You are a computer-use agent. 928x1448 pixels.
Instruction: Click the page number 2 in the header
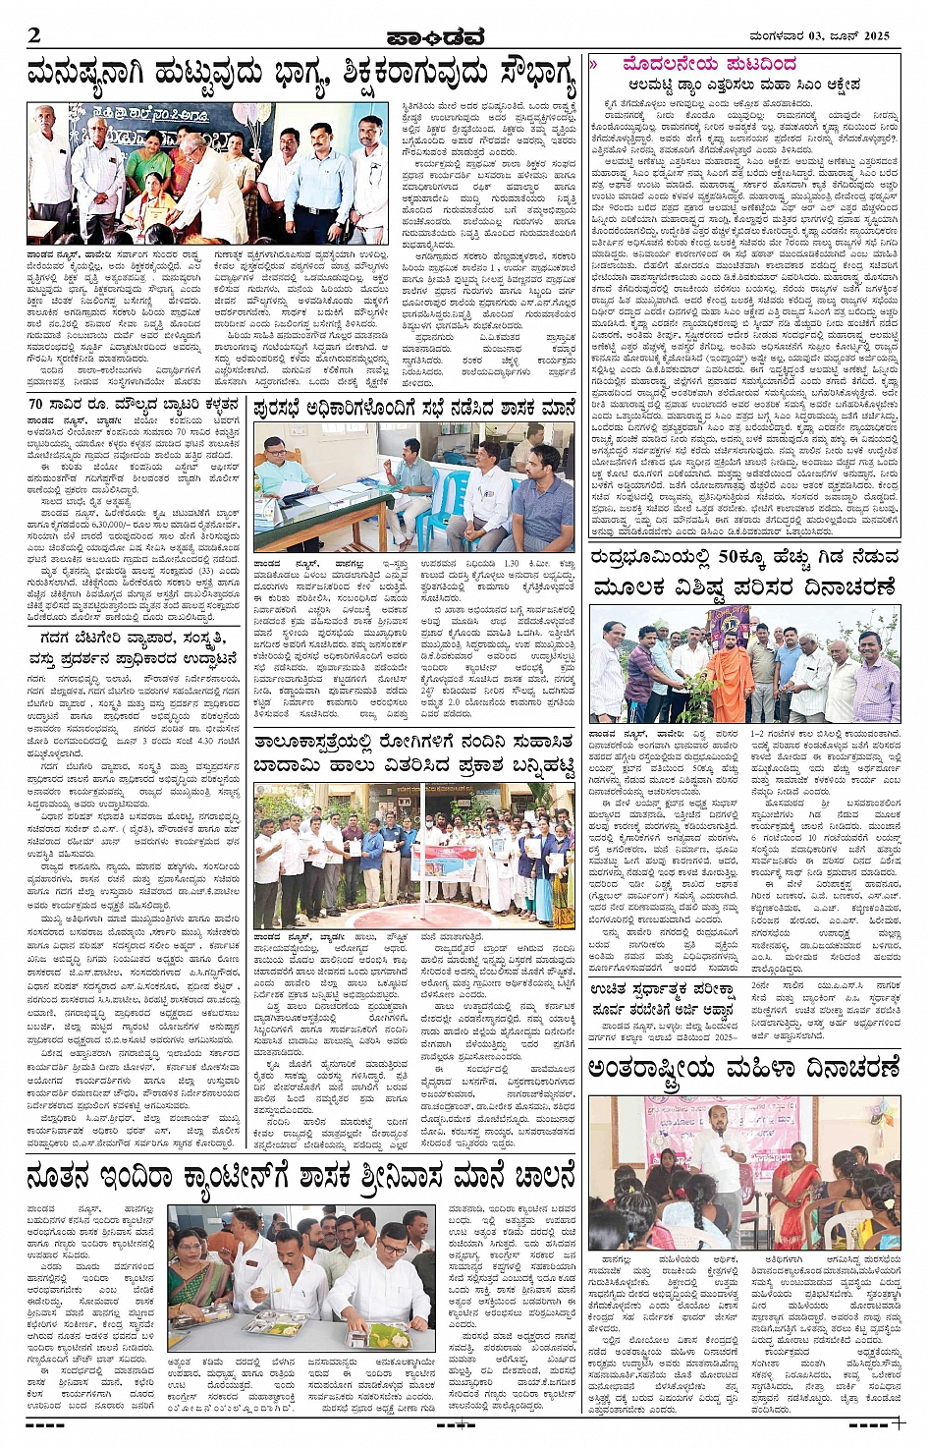coord(35,35)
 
